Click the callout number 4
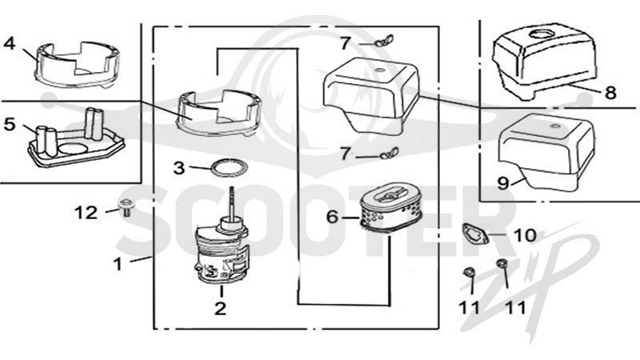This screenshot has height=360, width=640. pos(10,42)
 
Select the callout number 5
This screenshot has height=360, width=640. pos(10,124)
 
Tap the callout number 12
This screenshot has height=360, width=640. pos(86,213)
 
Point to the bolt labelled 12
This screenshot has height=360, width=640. pos(126,206)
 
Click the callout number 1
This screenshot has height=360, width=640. pos(118,264)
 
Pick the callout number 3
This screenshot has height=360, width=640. pos(178,168)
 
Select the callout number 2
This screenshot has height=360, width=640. pos(221,308)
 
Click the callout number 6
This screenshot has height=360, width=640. pos(333,217)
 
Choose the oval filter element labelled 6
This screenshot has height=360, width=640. pos(390,211)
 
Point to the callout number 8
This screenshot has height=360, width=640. pos(610,93)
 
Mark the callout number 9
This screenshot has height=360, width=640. pos(503,183)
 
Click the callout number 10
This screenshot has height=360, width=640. pos(525,235)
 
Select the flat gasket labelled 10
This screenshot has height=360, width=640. pos(474,234)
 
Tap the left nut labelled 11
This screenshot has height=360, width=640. pos(469,272)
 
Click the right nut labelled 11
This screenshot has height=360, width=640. pos(502,263)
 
